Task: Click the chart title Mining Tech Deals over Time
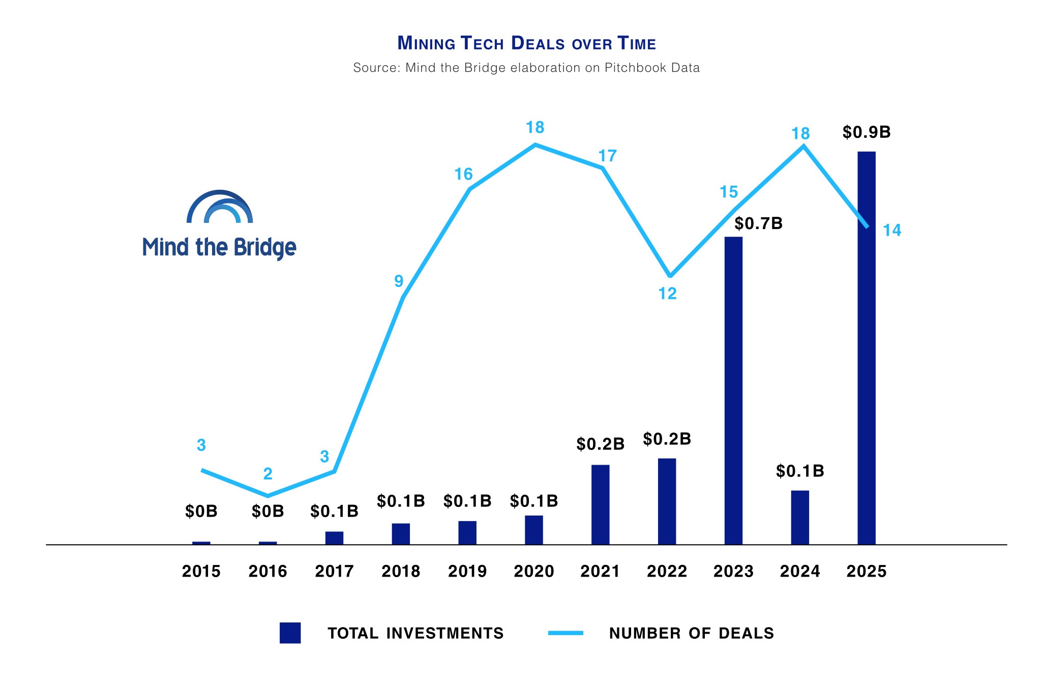pos(526,43)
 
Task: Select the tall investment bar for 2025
pos(866,348)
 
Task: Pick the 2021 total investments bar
pos(600,504)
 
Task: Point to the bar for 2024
pos(799,517)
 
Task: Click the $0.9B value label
pos(866,132)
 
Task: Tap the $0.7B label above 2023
pos(758,223)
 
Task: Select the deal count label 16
pos(463,175)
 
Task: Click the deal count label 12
pos(667,294)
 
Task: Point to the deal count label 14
pos(891,231)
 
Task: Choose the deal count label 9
pos(399,281)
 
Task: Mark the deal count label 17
pos(607,156)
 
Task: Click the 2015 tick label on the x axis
pos(201,572)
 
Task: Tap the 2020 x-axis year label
pos(533,572)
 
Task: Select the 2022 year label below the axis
pos(667,572)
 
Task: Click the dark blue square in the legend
pos(290,633)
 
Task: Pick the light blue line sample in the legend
pos(565,633)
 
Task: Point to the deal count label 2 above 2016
pos(267,474)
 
